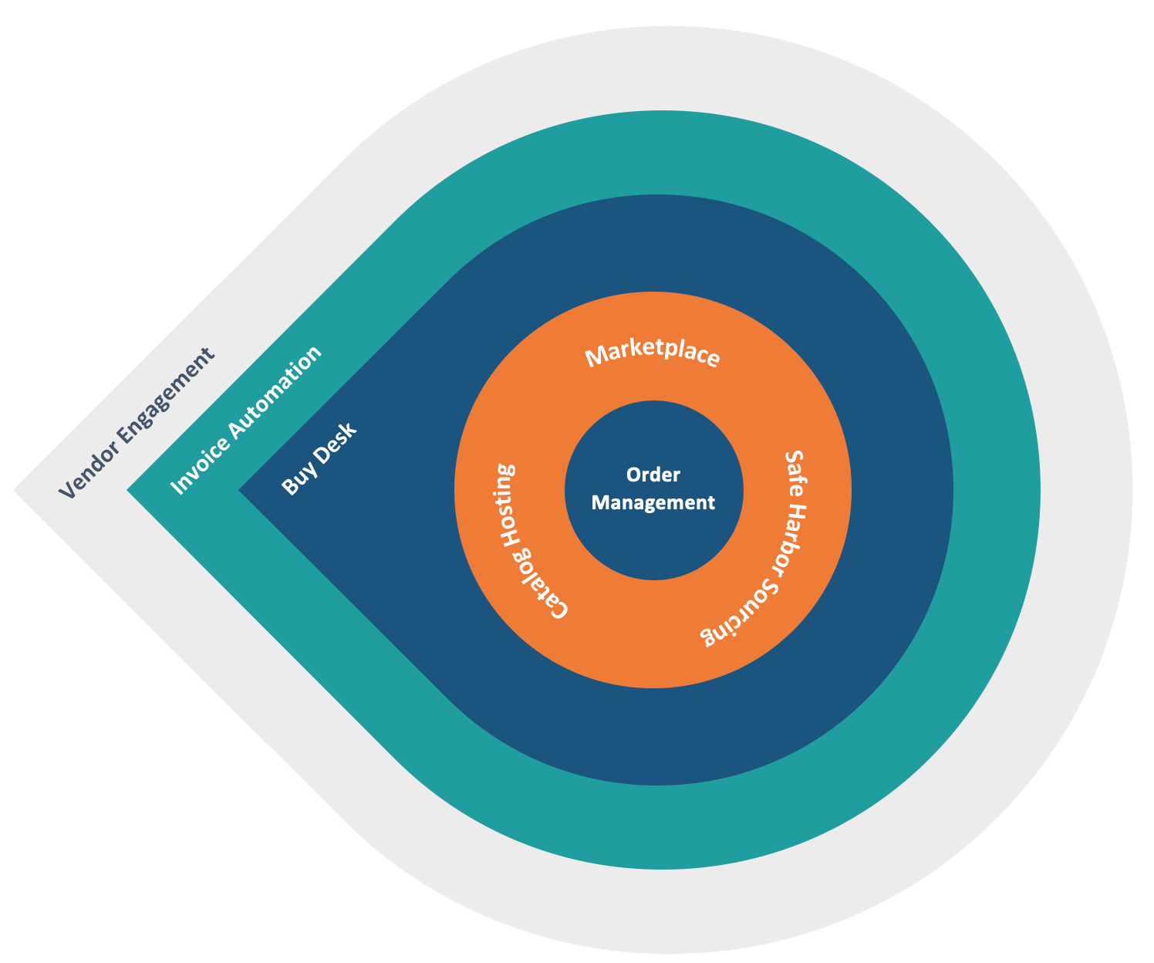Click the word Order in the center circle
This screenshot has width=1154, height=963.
[653, 475]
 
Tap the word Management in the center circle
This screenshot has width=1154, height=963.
[653, 502]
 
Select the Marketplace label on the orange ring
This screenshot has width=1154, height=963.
[653, 355]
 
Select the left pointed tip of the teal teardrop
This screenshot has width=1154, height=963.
[130, 490]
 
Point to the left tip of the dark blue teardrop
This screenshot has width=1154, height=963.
[242, 490]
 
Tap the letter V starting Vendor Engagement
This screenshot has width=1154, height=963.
[68, 491]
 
